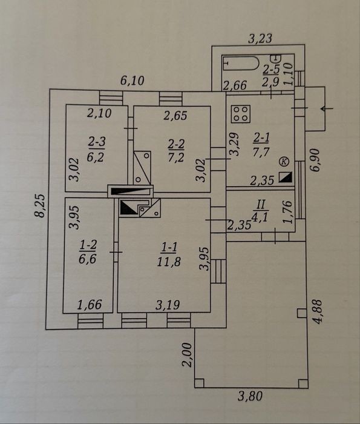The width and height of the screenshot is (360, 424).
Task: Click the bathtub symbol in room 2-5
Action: coord(240,63)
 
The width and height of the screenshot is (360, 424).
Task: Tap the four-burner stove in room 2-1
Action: coord(241,114)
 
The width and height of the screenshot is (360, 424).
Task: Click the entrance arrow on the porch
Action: coord(327,108)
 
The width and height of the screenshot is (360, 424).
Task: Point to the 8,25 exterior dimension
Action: coord(41,205)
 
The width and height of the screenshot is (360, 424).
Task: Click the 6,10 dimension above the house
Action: coord(132,81)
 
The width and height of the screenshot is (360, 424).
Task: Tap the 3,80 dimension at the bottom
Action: coord(250,396)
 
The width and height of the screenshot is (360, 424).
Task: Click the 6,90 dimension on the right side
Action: coord(315,160)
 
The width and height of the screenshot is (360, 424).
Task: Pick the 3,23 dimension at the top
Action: coord(260,38)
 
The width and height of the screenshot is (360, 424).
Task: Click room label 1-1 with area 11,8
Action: coord(169,254)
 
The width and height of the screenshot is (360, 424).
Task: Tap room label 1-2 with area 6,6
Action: coord(88,252)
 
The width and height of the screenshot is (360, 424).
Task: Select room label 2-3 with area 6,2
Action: coord(96,149)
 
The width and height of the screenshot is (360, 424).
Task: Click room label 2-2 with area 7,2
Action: coord(176,150)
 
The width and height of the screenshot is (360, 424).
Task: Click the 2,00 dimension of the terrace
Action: coord(187,354)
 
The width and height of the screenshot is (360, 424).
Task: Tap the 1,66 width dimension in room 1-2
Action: coord(90,305)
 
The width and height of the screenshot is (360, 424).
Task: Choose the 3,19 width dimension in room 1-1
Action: coord(168,305)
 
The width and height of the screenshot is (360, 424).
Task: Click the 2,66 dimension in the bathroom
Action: coord(235,85)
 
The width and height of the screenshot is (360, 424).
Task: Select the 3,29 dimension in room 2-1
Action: coord(234,144)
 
